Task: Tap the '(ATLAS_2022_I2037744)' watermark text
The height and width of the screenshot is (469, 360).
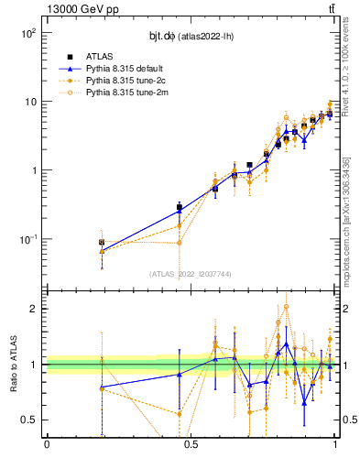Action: (x=191, y=274)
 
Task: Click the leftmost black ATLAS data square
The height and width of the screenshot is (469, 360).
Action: (x=102, y=243)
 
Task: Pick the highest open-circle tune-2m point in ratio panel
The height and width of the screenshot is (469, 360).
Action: (x=287, y=307)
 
